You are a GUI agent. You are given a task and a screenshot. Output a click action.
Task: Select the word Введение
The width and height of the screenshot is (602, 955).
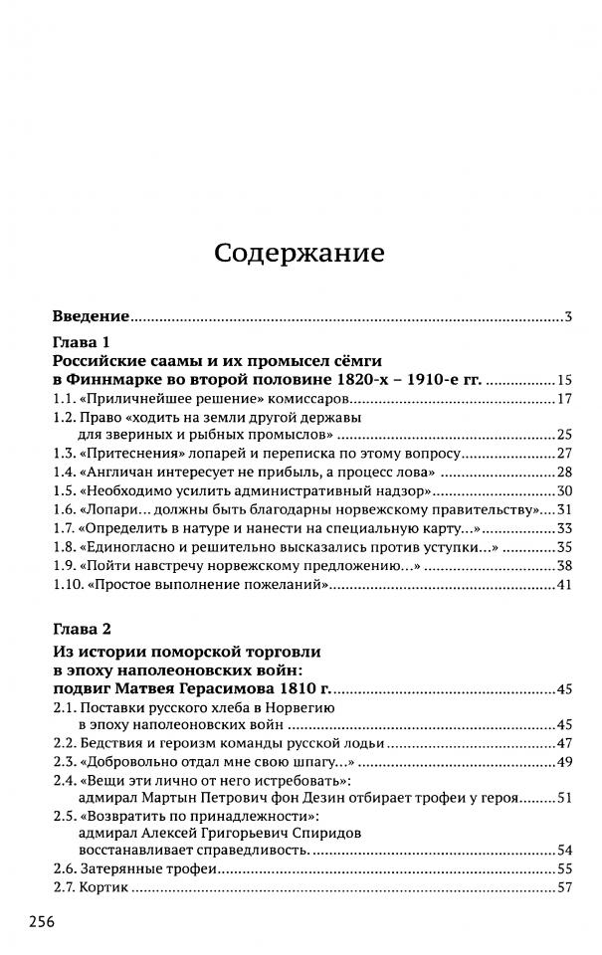click(x=91, y=316)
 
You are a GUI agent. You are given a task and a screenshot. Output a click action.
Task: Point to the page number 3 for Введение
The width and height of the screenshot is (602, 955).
click(x=566, y=317)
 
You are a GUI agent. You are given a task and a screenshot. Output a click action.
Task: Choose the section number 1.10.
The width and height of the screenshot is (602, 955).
click(x=68, y=584)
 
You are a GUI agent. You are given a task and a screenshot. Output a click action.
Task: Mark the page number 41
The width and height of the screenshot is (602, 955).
click(x=564, y=585)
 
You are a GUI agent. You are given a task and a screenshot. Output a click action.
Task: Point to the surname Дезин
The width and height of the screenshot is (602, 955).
click(x=355, y=798)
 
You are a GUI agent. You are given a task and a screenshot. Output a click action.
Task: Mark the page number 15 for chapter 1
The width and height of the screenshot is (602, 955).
click(x=564, y=381)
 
